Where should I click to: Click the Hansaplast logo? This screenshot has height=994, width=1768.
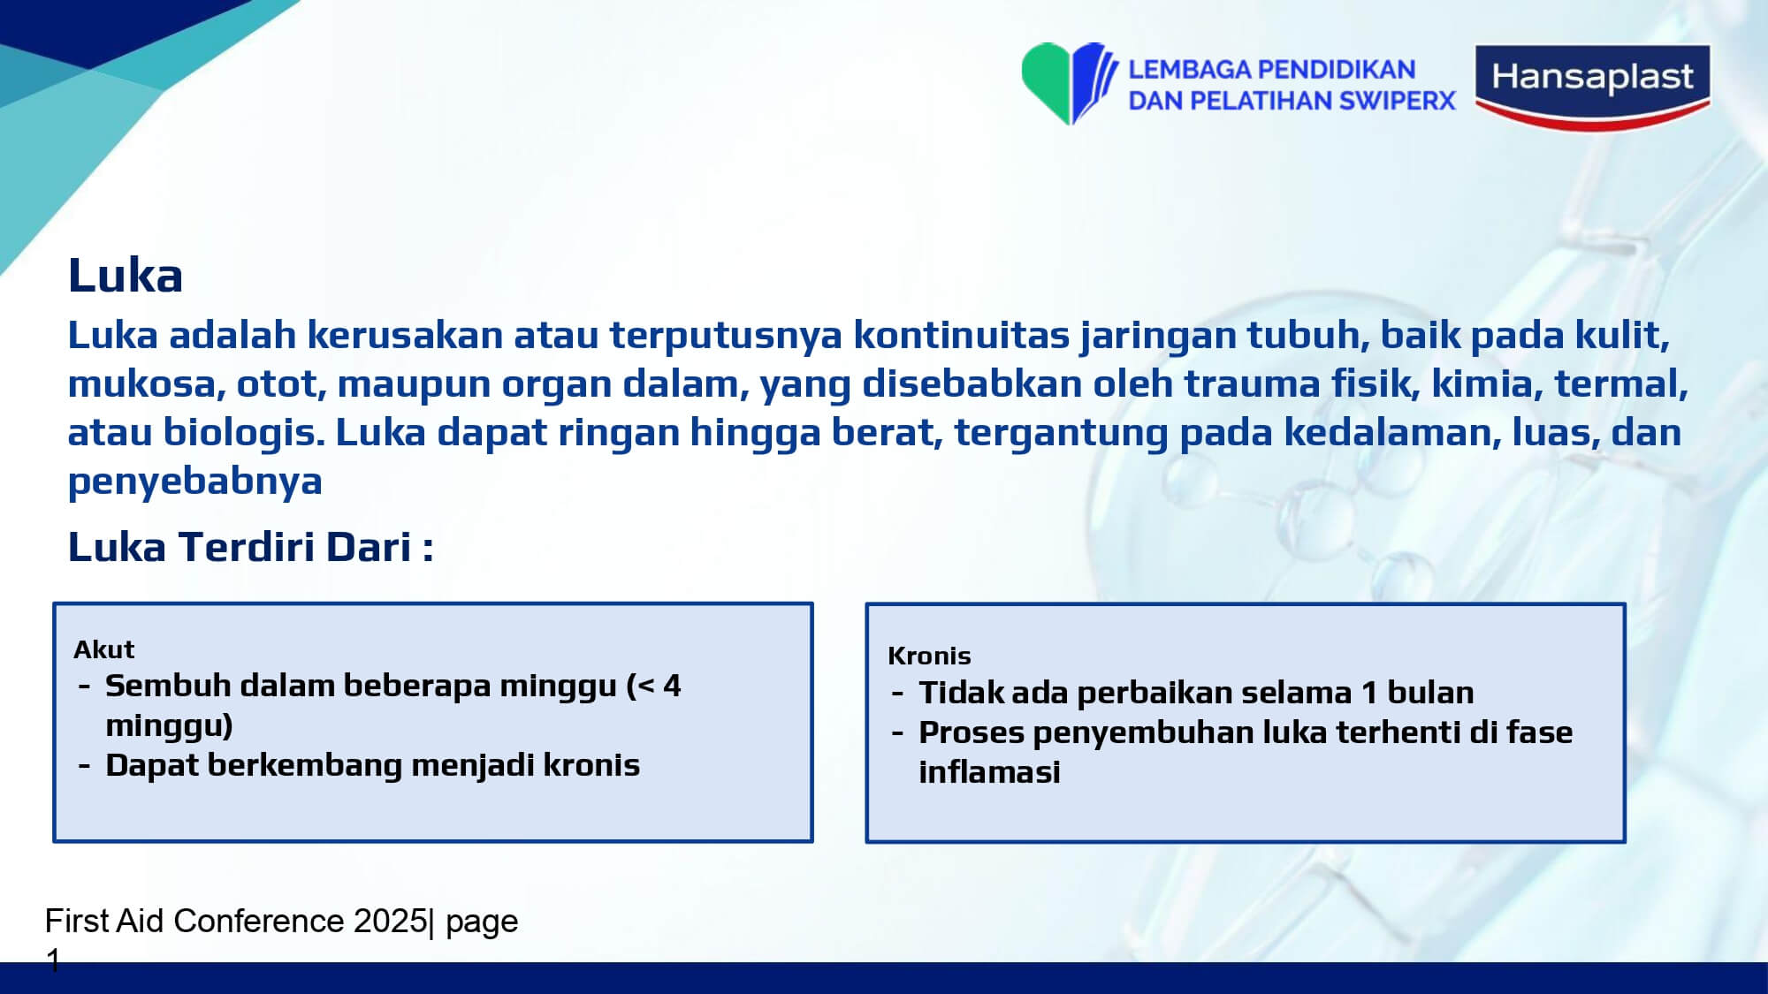1592,87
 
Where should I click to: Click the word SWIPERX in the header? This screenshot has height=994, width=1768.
1398,101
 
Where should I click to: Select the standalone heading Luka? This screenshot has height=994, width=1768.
126,276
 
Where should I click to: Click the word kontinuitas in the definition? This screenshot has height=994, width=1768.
961,335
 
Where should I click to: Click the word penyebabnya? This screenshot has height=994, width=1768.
195,482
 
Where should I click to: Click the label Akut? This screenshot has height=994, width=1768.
104,649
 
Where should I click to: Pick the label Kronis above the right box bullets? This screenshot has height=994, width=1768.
929,656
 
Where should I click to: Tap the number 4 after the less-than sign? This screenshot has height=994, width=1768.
672,686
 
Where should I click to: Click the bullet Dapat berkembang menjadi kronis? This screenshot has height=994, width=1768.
372,765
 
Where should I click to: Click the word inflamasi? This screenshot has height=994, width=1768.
989,772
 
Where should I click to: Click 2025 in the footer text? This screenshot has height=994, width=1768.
390,921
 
